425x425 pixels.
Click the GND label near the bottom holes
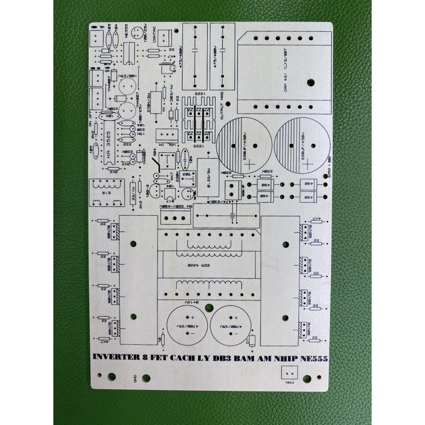pyautogui.click(x=135, y=378)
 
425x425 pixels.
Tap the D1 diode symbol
pyautogui.click(x=252, y=341)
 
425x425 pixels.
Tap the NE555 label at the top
pyautogui.click(x=128, y=32)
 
